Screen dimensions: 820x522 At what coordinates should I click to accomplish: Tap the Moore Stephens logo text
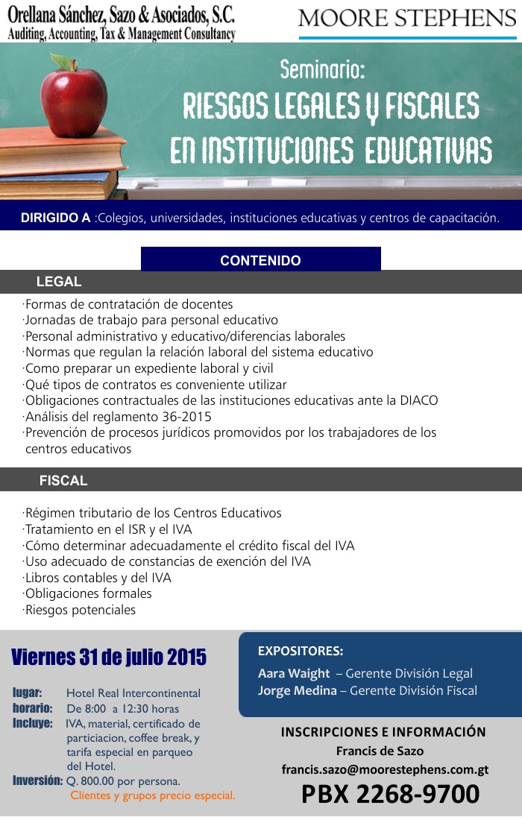point(406,18)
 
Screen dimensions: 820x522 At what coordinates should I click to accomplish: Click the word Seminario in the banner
point(322,71)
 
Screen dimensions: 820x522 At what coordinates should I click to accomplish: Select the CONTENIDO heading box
point(260,260)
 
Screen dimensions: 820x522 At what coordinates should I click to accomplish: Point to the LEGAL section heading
point(59,282)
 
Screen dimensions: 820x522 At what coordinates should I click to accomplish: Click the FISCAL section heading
point(63,481)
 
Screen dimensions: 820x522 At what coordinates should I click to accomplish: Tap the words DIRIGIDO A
point(56,218)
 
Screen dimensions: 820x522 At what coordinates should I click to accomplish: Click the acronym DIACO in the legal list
point(418,400)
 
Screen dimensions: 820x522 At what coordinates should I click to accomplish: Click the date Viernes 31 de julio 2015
point(109,657)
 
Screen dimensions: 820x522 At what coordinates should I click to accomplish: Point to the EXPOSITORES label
point(301,651)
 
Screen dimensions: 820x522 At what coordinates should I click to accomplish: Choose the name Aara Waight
point(294,673)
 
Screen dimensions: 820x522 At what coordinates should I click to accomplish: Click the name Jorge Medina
point(297,690)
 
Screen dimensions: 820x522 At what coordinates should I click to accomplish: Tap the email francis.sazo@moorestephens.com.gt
point(385,769)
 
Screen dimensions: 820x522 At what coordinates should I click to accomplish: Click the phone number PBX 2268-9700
point(390,795)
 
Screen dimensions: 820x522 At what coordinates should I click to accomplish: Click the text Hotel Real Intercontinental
point(133,693)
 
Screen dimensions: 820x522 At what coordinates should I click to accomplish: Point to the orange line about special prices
point(153,795)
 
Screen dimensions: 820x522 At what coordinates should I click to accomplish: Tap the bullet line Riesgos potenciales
point(80,610)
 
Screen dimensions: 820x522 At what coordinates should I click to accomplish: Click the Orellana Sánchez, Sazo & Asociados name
point(121,14)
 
